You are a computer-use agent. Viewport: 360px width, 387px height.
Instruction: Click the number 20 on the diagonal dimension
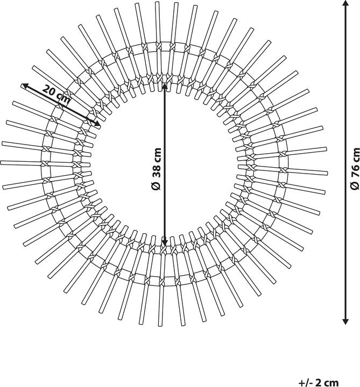coord(50,90)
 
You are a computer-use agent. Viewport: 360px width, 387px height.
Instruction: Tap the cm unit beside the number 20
coord(64,98)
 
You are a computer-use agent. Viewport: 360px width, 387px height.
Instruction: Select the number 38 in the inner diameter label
coord(156,171)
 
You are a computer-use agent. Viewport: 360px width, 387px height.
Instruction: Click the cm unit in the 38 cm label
coord(156,154)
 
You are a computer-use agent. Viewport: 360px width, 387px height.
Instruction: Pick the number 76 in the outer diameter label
coord(355,171)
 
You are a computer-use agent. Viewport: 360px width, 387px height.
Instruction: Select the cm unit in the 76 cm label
coord(355,154)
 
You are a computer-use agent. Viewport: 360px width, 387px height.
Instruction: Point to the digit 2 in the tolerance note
coord(320,383)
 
